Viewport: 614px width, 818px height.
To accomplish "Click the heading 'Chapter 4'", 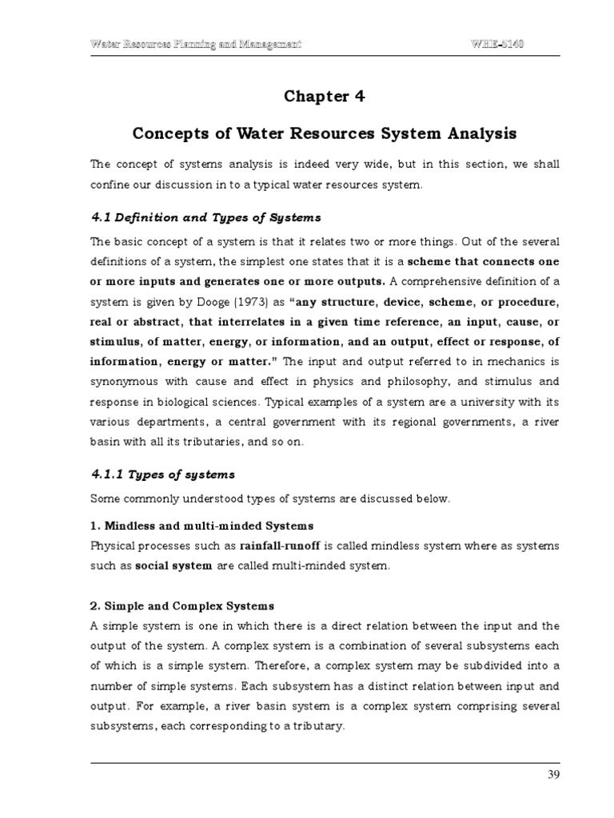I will coord(325,97).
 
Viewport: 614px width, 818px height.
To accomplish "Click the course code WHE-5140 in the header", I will coord(496,43).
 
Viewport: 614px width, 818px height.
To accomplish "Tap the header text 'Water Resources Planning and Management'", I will coord(196,43).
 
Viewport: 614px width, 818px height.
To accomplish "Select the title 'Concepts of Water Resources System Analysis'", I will coord(325,132).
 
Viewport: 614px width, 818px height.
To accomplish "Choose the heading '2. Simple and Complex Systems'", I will coord(182,606).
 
